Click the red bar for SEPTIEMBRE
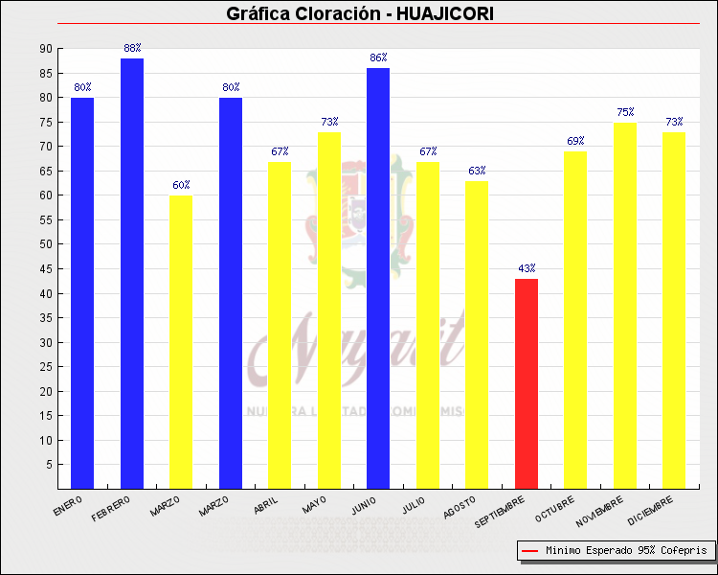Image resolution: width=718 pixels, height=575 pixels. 526,383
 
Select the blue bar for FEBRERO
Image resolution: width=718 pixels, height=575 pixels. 132,273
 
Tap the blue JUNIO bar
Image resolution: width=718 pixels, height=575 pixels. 378,278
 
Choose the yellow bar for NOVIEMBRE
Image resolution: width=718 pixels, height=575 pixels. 625,306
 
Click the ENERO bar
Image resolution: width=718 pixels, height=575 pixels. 82,292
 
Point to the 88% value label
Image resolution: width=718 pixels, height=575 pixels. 132,48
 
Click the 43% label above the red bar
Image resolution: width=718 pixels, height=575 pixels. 527,268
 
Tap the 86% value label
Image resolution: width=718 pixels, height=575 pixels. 378,57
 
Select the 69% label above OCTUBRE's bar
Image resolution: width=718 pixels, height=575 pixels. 575,141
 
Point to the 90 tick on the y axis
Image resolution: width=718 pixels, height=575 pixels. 46,49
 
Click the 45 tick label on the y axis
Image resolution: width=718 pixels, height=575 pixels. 46,269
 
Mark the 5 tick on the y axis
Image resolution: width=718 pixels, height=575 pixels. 49,465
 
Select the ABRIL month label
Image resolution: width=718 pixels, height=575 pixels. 267,504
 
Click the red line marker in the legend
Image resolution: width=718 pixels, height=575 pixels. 529,551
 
